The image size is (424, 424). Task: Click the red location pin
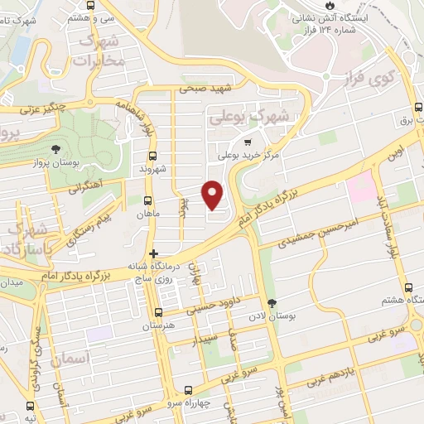pos(214,195)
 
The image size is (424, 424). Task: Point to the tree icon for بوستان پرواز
pos(55,150)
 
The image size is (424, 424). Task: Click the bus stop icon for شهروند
pos(152,156)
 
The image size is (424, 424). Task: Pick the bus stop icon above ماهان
pos(147,200)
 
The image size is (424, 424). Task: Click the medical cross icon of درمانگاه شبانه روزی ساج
pos(152,253)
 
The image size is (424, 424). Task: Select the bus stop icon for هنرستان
pos(158,312)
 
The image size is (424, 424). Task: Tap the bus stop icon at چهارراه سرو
pos(189,390)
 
